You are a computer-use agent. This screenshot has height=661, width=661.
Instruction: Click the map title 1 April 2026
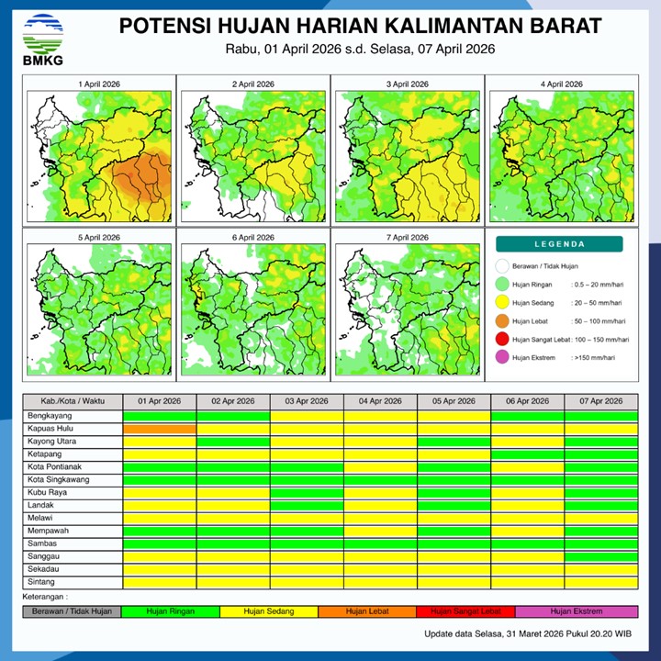pyautogui.click(x=99, y=84)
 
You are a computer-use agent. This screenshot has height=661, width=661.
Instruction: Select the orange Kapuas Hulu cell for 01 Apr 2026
pyautogui.click(x=160, y=429)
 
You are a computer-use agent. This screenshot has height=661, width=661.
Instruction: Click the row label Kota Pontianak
pyautogui.click(x=61, y=467)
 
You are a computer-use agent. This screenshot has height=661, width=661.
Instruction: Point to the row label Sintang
pyautogui.click(x=42, y=582)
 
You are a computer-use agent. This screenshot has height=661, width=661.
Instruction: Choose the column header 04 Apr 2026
pyautogui.click(x=380, y=402)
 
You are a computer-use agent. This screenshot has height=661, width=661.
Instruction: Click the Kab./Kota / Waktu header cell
pyautogui.click(x=73, y=402)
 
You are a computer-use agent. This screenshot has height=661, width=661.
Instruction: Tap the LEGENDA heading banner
pyautogui.click(x=559, y=244)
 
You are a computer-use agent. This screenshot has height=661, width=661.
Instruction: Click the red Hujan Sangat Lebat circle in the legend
pyautogui.click(x=502, y=340)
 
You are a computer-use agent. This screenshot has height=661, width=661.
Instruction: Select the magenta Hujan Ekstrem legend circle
pyautogui.click(x=502, y=358)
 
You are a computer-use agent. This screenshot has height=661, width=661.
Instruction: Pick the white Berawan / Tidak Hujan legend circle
pyautogui.click(x=502, y=266)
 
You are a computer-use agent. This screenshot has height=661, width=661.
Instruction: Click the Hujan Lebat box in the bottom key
pyautogui.click(x=367, y=611)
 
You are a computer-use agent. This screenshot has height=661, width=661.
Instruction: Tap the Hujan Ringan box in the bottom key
pyautogui.click(x=171, y=611)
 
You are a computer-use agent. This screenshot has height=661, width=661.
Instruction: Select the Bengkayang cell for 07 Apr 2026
pyautogui.click(x=600, y=416)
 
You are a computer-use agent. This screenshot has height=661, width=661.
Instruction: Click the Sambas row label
pyautogui.click(x=43, y=543)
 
